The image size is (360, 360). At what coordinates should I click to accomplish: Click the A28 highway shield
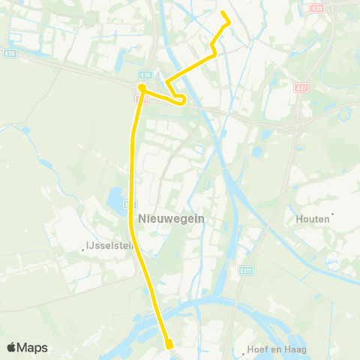click(316, 7)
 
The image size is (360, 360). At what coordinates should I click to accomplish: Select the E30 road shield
click(9, 53)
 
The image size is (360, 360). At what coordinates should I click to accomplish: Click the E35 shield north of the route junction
click(145, 75)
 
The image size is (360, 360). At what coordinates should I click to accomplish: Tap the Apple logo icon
click(12, 347)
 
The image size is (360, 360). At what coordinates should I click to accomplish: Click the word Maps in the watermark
click(33, 348)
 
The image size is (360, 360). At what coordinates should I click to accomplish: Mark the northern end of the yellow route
click(223, 12)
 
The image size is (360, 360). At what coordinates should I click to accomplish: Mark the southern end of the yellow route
click(169, 345)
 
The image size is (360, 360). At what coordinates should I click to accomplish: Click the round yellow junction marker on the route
click(141, 88)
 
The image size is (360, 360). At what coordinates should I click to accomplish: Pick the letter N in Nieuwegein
click(142, 217)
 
